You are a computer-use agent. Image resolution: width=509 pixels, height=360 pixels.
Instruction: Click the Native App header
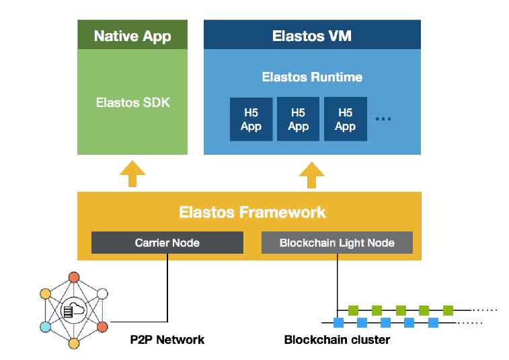(132, 36)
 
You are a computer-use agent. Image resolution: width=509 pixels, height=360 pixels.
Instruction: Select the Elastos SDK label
(132, 103)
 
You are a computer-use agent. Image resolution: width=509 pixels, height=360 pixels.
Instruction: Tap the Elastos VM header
(312, 36)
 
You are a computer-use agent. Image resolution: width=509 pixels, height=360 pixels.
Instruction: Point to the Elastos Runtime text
(312, 77)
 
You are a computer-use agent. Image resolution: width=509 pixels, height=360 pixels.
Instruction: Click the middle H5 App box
(298, 120)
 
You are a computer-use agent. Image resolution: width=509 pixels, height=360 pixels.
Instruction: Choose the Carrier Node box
(167, 243)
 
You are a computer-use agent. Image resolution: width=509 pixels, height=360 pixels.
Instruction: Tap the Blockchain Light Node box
(337, 243)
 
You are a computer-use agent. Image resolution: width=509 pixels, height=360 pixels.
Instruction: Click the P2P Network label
(167, 340)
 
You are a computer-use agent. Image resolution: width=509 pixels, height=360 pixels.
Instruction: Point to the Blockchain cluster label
(337, 340)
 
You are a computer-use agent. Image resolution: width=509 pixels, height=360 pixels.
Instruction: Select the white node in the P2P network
(102, 293)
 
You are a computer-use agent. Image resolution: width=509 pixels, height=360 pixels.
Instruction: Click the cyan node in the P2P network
(45, 326)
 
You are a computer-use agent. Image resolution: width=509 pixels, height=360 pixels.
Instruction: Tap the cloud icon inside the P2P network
(74, 310)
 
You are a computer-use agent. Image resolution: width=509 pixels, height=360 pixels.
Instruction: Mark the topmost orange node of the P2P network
(74, 277)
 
